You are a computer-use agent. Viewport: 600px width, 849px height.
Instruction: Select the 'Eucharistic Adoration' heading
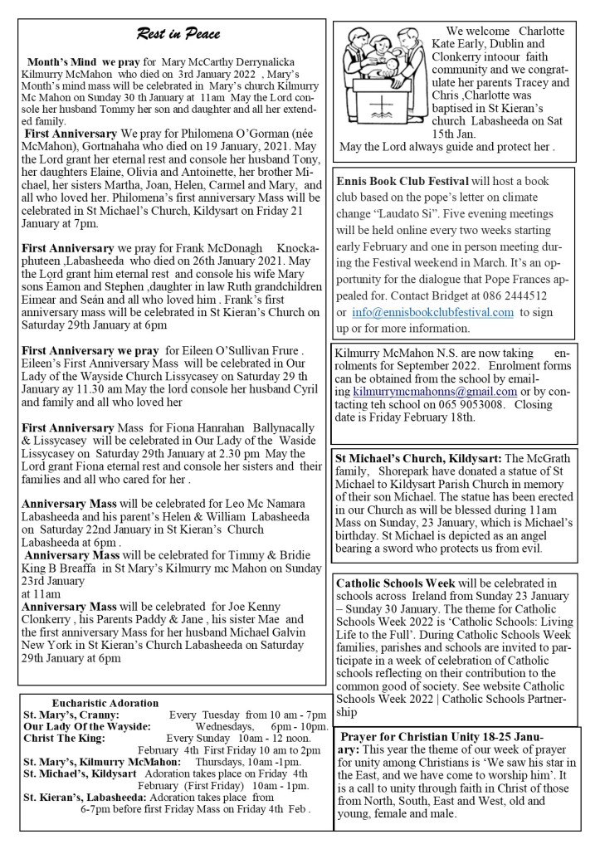pos(105,703)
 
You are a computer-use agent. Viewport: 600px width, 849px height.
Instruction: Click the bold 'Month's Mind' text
pos(62,62)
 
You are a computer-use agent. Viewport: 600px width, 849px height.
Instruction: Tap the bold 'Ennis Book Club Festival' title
pos(402,181)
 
